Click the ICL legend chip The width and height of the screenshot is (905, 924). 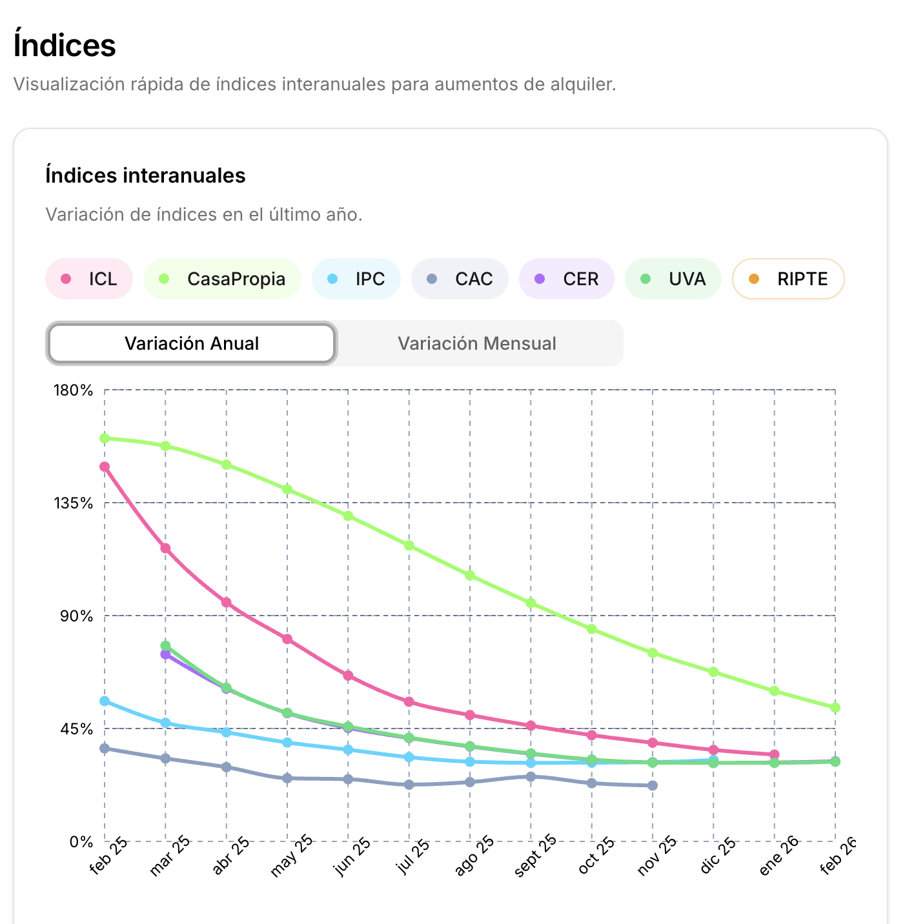pyautogui.click(x=89, y=279)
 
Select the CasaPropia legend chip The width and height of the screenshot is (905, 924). pyautogui.click(x=223, y=279)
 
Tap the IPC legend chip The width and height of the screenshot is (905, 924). pyautogui.click(x=356, y=279)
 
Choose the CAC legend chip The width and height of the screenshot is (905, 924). pyautogui.click(x=460, y=279)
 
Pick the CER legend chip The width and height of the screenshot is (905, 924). pyautogui.click(x=567, y=279)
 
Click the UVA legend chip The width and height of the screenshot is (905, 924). pyautogui.click(x=673, y=279)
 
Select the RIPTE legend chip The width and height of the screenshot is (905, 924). pyautogui.click(x=788, y=279)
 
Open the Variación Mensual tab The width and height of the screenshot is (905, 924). pyautogui.click(x=477, y=343)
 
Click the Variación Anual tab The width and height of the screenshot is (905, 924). pyautogui.click(x=192, y=343)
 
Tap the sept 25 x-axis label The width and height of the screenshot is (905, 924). pyautogui.click(x=535, y=856)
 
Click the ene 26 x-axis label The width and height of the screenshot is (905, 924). pyautogui.click(x=778, y=856)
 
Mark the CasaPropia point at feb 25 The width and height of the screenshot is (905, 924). pyautogui.click(x=105, y=439)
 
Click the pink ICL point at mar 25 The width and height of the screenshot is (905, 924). pyautogui.click(x=165, y=548)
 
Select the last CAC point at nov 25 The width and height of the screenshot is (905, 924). pyautogui.click(x=653, y=785)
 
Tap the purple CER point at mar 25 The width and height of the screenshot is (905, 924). pyautogui.click(x=165, y=654)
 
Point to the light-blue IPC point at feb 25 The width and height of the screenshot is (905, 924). pyautogui.click(x=105, y=701)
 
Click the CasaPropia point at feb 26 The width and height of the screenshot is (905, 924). pyautogui.click(x=835, y=708)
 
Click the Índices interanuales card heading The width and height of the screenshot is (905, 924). pyautogui.click(x=145, y=176)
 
